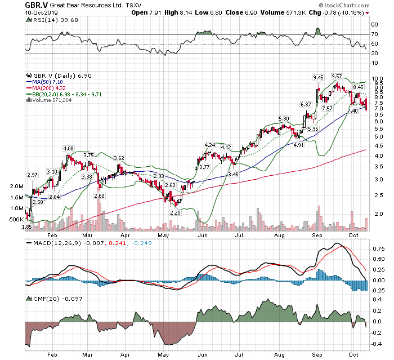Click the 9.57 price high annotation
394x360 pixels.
pyautogui.click(x=337, y=76)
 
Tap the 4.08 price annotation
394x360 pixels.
pyautogui.click(x=68, y=149)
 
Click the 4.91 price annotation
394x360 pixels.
pyautogui.click(x=298, y=145)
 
